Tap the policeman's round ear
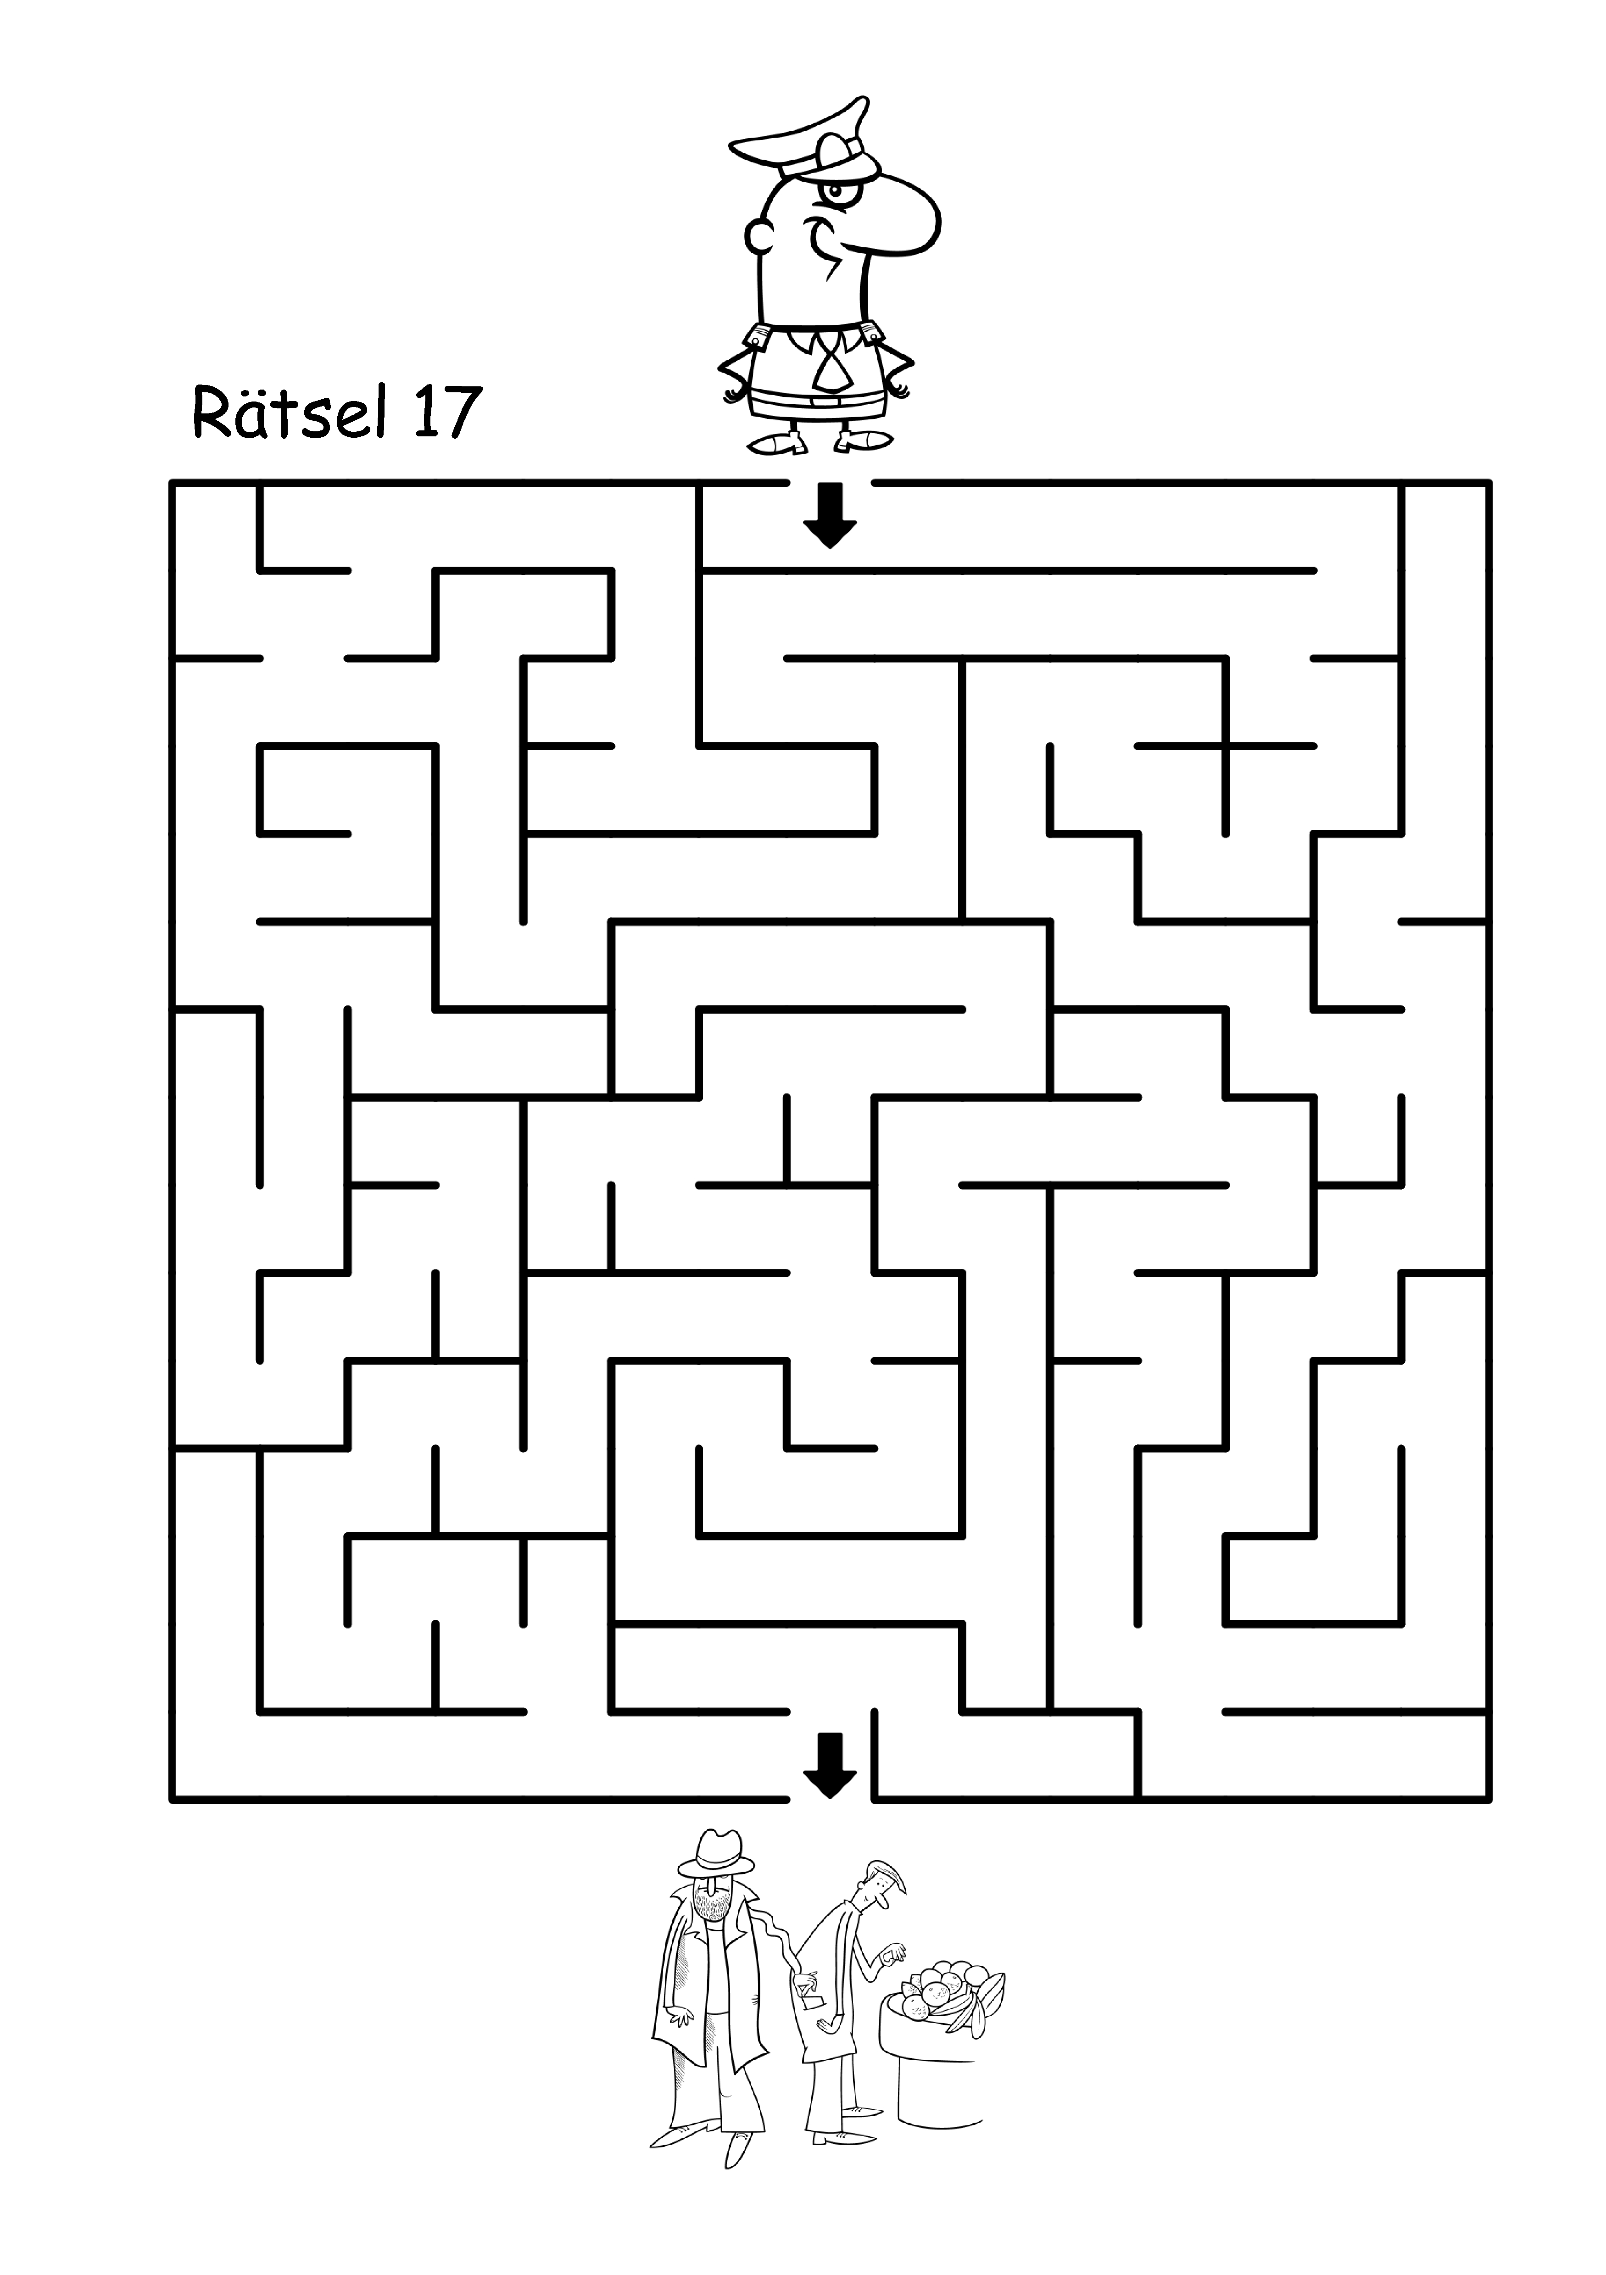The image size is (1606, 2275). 760,235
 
